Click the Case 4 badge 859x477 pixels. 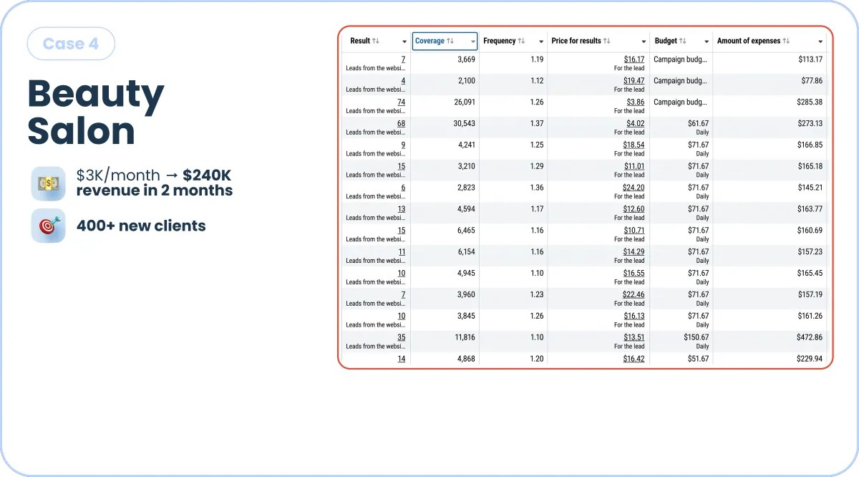pyautogui.click(x=71, y=44)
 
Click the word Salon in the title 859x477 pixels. pyautogui.click(x=82, y=131)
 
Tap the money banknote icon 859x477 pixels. pyautogui.click(x=49, y=183)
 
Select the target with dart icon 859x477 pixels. pyautogui.click(x=49, y=226)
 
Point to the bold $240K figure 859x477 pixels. pyautogui.click(x=207, y=175)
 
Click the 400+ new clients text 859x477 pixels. pyautogui.click(x=141, y=226)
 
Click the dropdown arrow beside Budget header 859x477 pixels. pyautogui.click(x=707, y=42)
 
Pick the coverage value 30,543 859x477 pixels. pyautogui.click(x=464, y=124)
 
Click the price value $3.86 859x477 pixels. pyautogui.click(x=636, y=102)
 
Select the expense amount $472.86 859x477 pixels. pyautogui.click(x=810, y=337)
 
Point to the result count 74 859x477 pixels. pyautogui.click(x=401, y=102)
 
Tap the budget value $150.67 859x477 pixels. pyautogui.click(x=696, y=337)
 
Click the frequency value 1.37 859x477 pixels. pyautogui.click(x=536, y=124)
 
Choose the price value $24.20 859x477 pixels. pyautogui.click(x=634, y=188)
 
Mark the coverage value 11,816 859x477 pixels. pyautogui.click(x=465, y=337)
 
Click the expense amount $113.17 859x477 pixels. pyautogui.click(x=810, y=59)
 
